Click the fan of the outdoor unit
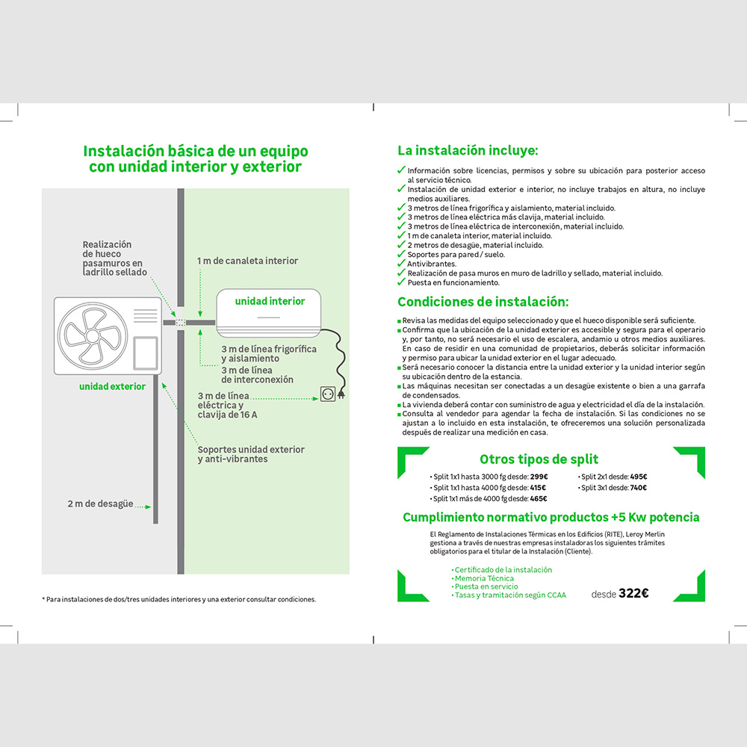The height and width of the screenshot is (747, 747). pos(93,336)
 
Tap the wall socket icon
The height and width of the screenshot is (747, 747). pos(328,394)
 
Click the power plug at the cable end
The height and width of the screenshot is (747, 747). pos(341,394)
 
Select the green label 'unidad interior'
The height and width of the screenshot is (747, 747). pos(270,301)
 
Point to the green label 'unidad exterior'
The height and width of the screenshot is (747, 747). pos(113,386)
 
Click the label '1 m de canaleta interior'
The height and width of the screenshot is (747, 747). pos(247,261)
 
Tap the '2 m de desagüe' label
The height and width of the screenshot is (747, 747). pos(100,503)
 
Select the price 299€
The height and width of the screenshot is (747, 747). pos(539,477)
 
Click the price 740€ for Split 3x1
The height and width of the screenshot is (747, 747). pos(639,487)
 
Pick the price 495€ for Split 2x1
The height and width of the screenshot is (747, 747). pos(639,477)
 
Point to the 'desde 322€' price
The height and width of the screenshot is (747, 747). pos(620,593)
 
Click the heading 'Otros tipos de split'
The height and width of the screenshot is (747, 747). pos(539,459)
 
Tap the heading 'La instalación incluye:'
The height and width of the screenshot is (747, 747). pos(468,151)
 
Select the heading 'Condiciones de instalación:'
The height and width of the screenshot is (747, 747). pos(483,302)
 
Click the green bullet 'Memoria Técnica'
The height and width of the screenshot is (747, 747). pos(483,578)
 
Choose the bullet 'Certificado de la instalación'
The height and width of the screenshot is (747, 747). pos(502,570)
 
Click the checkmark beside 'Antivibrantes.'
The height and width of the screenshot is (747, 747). pos(401,263)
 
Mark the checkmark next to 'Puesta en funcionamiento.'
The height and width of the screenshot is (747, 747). pos(401,282)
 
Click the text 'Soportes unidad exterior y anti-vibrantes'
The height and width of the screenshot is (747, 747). pos(251,454)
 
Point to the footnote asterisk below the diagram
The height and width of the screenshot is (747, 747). pos(43,598)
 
